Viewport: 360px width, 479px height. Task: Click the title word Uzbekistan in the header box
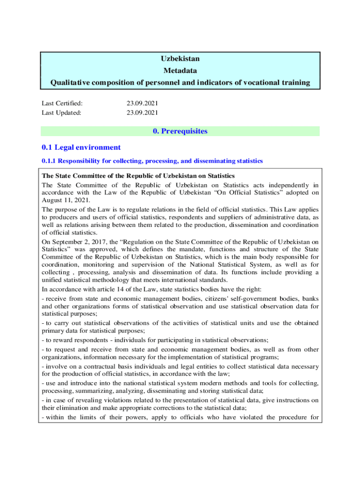coord(180,59)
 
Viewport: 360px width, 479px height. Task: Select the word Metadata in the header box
coord(180,71)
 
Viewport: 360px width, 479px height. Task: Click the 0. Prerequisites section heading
coord(180,131)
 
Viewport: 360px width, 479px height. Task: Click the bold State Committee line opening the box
coord(138,176)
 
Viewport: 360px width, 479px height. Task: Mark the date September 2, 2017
coord(75,242)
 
